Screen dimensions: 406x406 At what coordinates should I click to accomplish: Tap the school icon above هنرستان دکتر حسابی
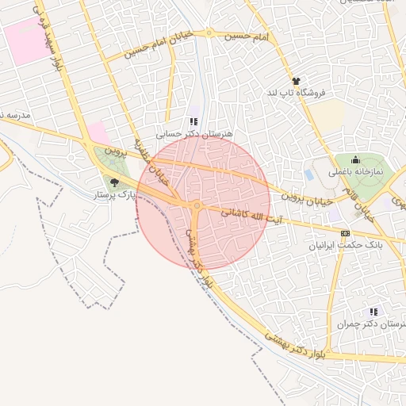coord(193,122)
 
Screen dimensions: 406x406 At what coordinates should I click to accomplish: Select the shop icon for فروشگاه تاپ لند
coord(297,81)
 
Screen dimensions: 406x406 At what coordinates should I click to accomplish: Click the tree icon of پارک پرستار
coord(115,182)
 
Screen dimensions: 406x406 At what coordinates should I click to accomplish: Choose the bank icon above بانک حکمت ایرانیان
coord(344,233)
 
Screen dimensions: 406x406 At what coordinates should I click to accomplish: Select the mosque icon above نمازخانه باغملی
coord(354,159)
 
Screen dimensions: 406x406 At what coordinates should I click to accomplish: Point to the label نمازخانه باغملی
coord(354,171)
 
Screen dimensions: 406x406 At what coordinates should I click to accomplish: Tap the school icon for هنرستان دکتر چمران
coord(373,312)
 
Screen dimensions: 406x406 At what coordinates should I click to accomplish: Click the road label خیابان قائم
coord(358,203)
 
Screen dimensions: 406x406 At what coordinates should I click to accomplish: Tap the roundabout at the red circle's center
coord(196,207)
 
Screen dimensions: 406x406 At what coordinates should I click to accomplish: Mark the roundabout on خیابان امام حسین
coord(209,33)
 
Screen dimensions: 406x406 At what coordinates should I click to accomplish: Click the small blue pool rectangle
coord(308,174)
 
